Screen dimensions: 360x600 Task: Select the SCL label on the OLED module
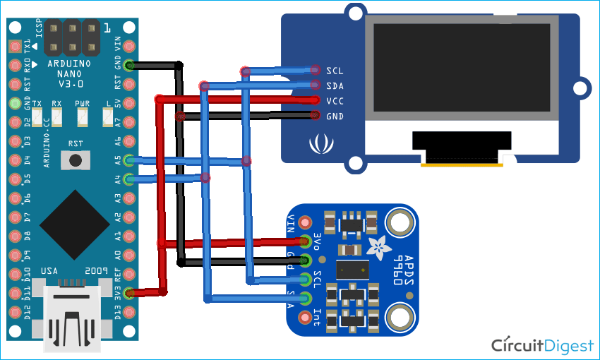335,71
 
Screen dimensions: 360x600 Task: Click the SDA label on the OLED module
335,85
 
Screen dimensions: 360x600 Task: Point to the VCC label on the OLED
335,101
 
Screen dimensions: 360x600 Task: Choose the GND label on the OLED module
335,116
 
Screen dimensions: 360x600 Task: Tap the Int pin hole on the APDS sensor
306,318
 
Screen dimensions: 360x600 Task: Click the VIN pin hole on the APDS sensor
306,222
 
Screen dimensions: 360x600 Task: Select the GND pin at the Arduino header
128,66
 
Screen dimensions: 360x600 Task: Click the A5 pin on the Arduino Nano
128,160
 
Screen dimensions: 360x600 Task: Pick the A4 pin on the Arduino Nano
128,179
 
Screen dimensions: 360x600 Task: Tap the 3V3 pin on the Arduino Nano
128,292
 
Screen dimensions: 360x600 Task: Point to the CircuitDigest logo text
542,345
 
